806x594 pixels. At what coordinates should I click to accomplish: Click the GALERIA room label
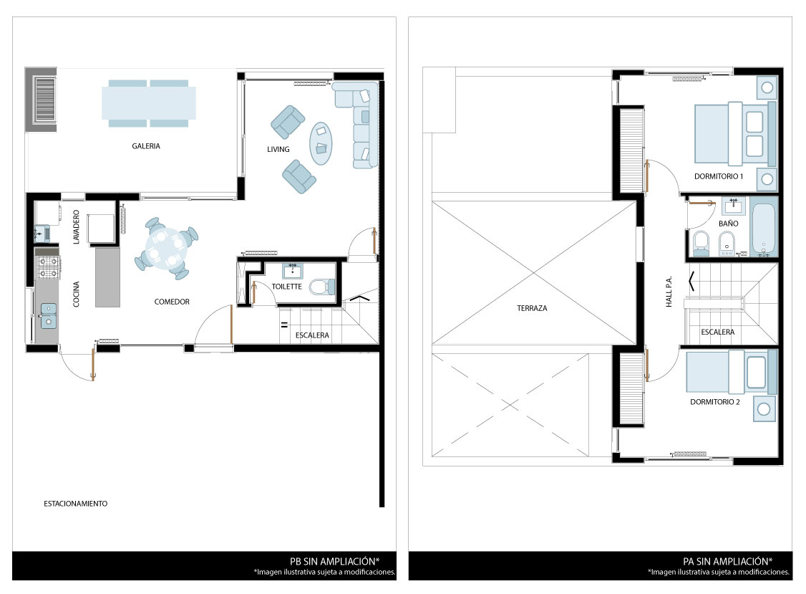pyautogui.click(x=146, y=146)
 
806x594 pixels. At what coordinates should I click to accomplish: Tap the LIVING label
pyautogui.click(x=278, y=149)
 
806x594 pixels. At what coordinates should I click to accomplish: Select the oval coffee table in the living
pyautogui.click(x=320, y=143)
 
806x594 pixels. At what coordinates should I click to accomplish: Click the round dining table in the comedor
pyautogui.click(x=167, y=249)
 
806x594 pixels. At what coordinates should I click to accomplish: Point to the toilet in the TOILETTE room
pyautogui.click(x=322, y=286)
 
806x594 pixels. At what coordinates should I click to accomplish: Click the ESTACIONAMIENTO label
pyautogui.click(x=76, y=504)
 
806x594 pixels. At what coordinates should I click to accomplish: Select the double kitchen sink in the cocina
pyautogui.click(x=49, y=315)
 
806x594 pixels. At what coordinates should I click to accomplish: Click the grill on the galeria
pyautogui.click(x=44, y=99)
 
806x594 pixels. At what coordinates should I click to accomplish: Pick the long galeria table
pyautogui.click(x=149, y=103)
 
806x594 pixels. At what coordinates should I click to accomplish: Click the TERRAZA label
pyautogui.click(x=532, y=308)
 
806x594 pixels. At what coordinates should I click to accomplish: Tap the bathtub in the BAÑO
pyautogui.click(x=763, y=229)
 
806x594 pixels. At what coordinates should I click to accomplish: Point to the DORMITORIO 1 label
pyautogui.click(x=719, y=176)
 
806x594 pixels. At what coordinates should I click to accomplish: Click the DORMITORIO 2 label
pyautogui.click(x=715, y=401)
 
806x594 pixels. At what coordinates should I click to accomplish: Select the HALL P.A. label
pyautogui.click(x=669, y=292)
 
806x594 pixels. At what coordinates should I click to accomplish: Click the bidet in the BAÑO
pyautogui.click(x=726, y=244)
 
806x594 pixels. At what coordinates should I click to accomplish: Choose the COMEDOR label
pyautogui.click(x=172, y=302)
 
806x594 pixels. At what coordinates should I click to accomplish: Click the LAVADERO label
pyautogui.click(x=76, y=226)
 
